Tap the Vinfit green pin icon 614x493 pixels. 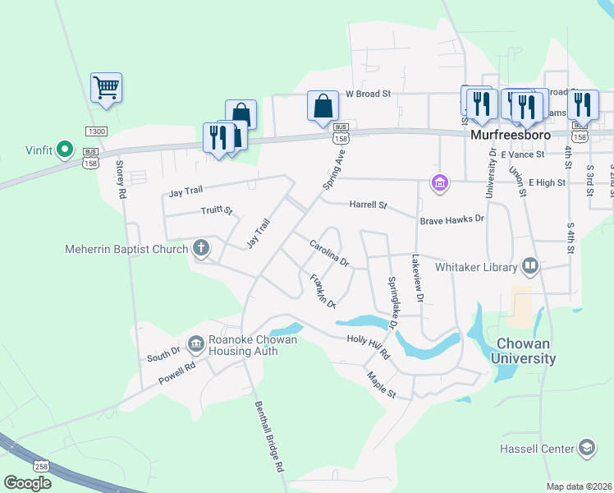pos(66,150)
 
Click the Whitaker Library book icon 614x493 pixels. pos(530,266)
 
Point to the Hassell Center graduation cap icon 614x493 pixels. pos(587,448)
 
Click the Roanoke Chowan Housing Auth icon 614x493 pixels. pos(195,343)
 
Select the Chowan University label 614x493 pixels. pos(523,351)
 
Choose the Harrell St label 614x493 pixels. pos(368,204)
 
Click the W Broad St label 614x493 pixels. pos(367,94)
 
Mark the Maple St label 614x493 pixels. pos(382,385)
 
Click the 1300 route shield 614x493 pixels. pos(96,131)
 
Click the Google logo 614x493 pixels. pos(27,483)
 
